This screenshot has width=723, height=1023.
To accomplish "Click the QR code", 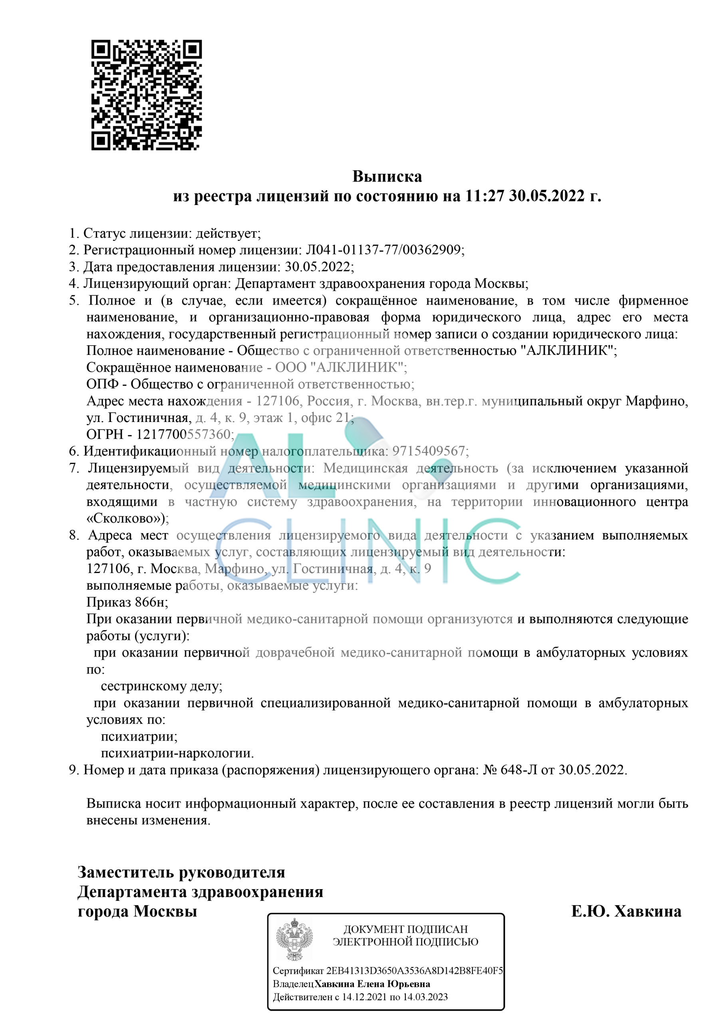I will pos(147,95).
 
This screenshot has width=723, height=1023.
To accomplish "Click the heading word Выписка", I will pos(387,177).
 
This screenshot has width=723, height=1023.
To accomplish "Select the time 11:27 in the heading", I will pos(484,196).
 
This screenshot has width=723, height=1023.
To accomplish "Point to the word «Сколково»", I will pos(125,519).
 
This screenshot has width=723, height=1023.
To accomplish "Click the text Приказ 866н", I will pos(127,602).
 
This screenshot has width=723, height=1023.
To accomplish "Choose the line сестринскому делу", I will pos(161,686).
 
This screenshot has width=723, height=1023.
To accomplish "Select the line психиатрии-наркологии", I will pos(177,753).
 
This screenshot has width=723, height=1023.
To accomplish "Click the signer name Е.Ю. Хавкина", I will pos(626,912).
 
